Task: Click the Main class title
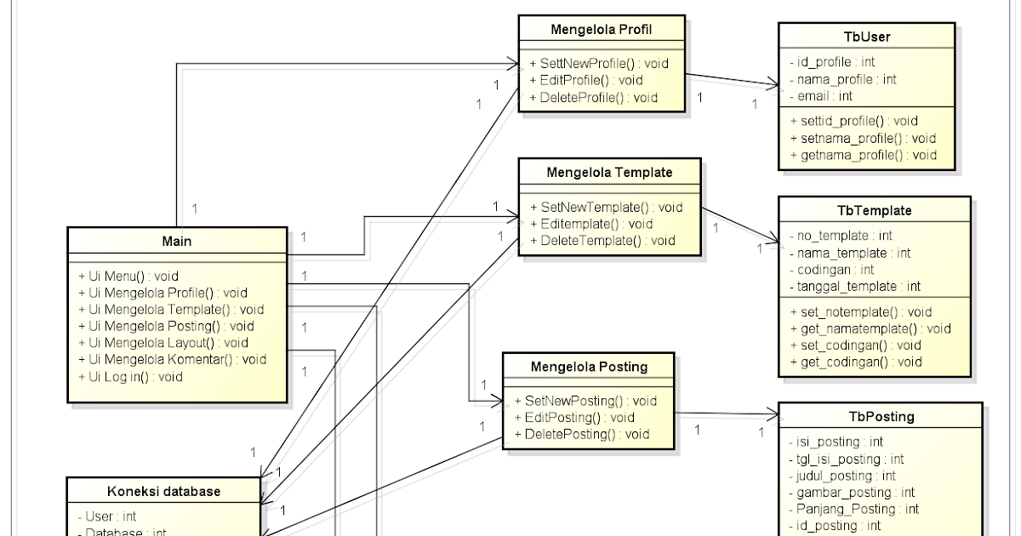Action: coord(177,242)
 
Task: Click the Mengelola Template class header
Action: coord(611,173)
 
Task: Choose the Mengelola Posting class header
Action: coord(589,367)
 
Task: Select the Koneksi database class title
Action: coord(163,491)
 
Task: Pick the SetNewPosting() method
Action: coord(585,400)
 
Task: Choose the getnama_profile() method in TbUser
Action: coord(863,154)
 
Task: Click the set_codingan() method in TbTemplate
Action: coord(855,345)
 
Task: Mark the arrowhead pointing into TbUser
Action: coord(773,86)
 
